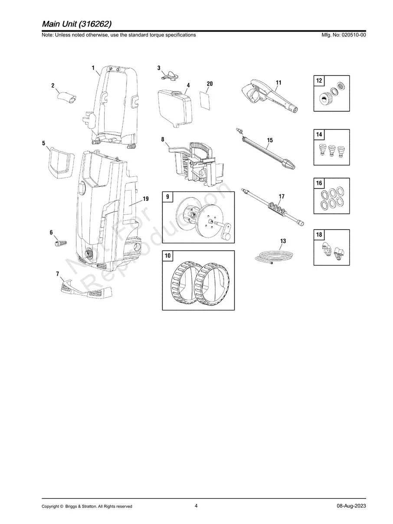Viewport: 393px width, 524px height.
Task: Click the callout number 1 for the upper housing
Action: point(93,68)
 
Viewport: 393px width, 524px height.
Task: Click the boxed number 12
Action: point(319,81)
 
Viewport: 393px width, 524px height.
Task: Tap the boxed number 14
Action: point(319,135)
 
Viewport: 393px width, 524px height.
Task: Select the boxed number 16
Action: point(319,183)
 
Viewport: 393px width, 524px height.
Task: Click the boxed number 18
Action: point(319,235)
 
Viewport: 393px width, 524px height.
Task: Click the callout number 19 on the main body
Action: point(146,199)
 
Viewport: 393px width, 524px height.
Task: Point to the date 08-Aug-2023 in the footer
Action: point(351,506)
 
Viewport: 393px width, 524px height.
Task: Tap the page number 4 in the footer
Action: point(196,506)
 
